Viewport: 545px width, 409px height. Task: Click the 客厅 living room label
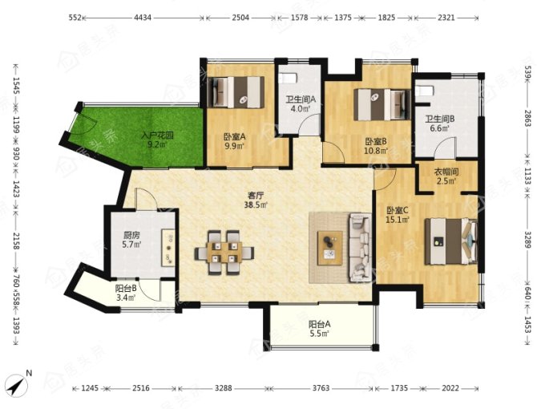pyautogui.click(x=256, y=194)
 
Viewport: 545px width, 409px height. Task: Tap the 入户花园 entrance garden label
pyautogui.click(x=157, y=135)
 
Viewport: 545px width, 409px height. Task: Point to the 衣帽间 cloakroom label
pyautogui.click(x=446, y=172)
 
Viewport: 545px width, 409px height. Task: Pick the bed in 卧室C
pyautogui.click(x=450, y=241)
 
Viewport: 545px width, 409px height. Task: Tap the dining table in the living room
pyautogui.click(x=224, y=252)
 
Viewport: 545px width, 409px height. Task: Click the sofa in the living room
pyautogui.click(x=360, y=247)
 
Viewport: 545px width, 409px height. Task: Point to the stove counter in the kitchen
pyautogui.click(x=168, y=248)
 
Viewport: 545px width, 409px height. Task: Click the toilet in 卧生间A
pyautogui.click(x=288, y=78)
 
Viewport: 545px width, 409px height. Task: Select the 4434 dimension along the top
pyautogui.click(x=143, y=17)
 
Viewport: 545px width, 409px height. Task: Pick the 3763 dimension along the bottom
pyautogui.click(x=321, y=387)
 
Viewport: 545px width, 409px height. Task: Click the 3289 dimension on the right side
pyautogui.click(x=527, y=239)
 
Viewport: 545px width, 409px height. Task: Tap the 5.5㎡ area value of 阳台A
pyautogui.click(x=320, y=334)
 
